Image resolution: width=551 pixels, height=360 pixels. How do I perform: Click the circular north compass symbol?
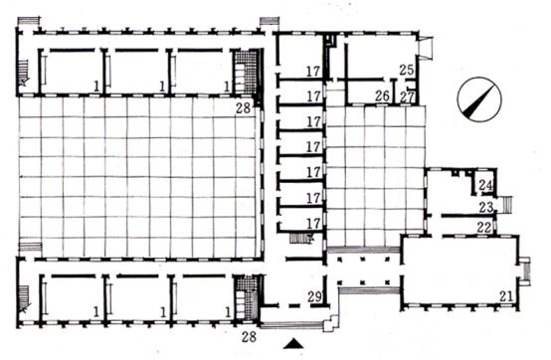click(x=479, y=99)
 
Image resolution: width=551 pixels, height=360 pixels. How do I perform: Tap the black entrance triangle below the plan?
click(x=293, y=344)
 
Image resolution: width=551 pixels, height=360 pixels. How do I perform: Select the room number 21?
click(x=506, y=296)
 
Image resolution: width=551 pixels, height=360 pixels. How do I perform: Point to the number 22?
click(x=484, y=228)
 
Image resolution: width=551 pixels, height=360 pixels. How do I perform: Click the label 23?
click(x=486, y=207)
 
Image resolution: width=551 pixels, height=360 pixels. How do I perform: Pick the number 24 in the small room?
click(x=486, y=185)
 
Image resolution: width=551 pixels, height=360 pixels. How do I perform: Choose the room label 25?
click(x=407, y=70)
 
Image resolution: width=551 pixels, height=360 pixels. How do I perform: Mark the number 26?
click(x=382, y=95)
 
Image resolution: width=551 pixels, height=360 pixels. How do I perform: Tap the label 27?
click(x=407, y=96)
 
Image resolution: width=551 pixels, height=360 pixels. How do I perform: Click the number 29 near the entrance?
click(x=314, y=296)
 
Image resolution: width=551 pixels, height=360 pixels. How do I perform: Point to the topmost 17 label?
click(x=313, y=72)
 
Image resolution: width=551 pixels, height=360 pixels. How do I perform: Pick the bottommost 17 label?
click(x=314, y=224)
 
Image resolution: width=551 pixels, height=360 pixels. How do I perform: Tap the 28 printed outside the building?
click(x=249, y=337)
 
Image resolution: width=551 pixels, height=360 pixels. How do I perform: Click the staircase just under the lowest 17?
click(x=301, y=238)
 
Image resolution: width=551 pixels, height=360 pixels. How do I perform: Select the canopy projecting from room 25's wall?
click(x=426, y=47)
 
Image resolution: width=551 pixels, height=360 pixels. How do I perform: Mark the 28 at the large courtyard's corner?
click(x=243, y=107)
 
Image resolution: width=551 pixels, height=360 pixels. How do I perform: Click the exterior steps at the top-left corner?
click(x=29, y=21)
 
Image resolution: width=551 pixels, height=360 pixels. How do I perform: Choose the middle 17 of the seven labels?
click(x=314, y=147)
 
